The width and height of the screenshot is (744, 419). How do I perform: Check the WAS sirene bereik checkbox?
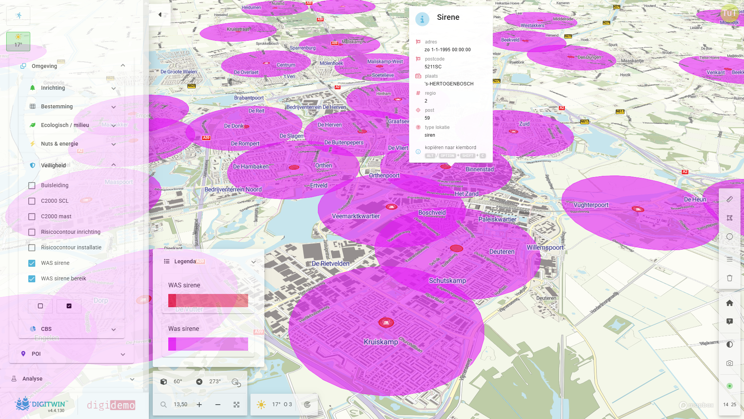(x=32, y=279)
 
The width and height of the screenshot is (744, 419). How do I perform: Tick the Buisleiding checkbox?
(x=32, y=186)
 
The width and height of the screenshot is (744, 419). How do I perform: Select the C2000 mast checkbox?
(x=32, y=217)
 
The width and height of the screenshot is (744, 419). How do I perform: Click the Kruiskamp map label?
(x=381, y=342)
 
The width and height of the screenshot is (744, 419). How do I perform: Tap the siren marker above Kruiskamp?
(x=386, y=322)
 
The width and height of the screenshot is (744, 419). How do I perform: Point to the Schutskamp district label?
(x=447, y=281)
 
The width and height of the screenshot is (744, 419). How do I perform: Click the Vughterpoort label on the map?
(x=591, y=205)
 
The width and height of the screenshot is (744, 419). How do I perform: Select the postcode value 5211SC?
(x=433, y=67)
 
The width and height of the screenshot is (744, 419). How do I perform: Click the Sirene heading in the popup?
(x=448, y=17)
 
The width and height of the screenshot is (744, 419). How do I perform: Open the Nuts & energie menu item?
(x=59, y=144)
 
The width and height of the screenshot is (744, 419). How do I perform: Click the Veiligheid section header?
(x=54, y=165)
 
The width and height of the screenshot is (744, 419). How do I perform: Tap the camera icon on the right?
(x=729, y=363)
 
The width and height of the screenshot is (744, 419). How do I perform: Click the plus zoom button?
(x=199, y=405)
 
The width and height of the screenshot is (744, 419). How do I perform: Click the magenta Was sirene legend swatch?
(x=208, y=344)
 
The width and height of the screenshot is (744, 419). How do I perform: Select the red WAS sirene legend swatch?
(x=208, y=301)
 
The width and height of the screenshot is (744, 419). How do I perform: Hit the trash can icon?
(x=729, y=278)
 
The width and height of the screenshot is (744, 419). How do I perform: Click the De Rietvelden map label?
(x=330, y=264)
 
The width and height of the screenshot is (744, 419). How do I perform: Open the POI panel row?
(x=36, y=354)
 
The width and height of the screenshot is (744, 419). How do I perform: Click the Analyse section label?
(x=33, y=379)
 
